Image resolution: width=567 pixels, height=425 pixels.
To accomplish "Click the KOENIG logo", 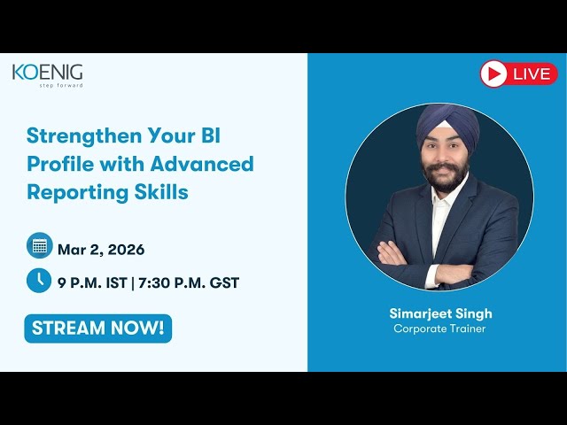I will click(x=47, y=73).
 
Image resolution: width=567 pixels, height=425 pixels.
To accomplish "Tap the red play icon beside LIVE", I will click(x=494, y=73).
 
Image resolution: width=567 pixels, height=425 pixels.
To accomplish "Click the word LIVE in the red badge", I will click(x=532, y=74).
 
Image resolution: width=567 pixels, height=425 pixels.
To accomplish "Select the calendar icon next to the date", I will click(x=39, y=245).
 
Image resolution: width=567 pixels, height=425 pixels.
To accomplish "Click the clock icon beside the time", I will click(x=39, y=281).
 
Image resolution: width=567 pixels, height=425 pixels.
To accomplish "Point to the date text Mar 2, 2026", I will click(x=101, y=250).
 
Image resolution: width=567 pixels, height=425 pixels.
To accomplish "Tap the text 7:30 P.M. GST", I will click(x=191, y=283).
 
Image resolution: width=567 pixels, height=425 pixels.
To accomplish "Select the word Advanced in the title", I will click(x=202, y=164).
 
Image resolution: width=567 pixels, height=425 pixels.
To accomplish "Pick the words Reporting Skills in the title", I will click(x=107, y=191).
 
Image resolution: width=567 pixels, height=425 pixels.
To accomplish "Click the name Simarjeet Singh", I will click(x=440, y=313).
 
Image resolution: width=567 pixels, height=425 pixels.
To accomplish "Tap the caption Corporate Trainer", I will click(x=440, y=329).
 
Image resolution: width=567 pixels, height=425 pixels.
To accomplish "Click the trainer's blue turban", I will click(x=447, y=124).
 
